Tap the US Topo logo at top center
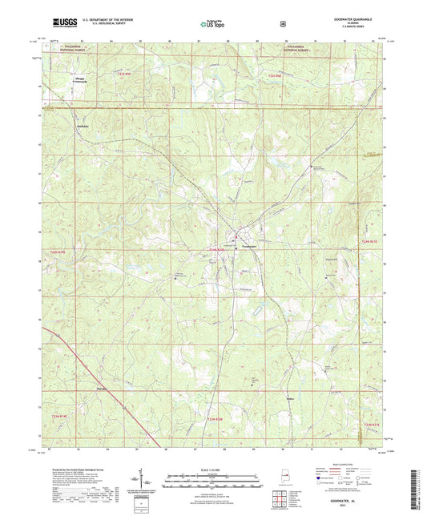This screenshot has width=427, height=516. [211, 25]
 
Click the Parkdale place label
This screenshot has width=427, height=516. [80, 127]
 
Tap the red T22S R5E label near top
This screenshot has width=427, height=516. [276, 75]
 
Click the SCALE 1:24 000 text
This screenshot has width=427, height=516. [213, 470]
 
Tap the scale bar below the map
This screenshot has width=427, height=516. [213, 478]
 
